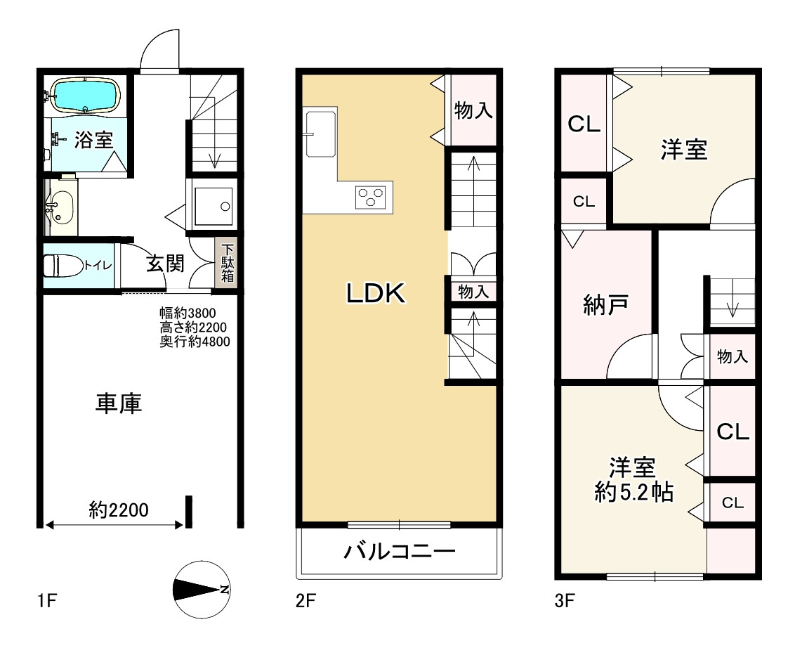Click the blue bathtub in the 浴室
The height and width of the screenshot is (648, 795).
[x=86, y=96]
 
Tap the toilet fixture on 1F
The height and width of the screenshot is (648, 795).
[x=61, y=266]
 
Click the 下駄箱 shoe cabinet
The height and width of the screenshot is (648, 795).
[x=228, y=264]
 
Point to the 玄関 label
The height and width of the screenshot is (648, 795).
[x=165, y=264]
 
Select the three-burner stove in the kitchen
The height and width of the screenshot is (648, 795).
[x=371, y=196]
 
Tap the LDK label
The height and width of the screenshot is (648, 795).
[x=376, y=293]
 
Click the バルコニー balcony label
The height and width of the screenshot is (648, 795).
[x=400, y=551]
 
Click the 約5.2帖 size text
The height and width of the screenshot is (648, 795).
[x=633, y=492]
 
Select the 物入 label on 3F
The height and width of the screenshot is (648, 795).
[x=732, y=357]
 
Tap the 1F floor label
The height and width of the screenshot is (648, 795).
[x=46, y=601]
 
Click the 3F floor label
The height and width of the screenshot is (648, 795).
[x=565, y=601]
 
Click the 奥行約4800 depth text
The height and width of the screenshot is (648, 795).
[x=195, y=342]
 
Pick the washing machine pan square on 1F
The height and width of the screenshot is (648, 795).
[x=213, y=206]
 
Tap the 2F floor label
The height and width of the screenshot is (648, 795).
[x=305, y=601]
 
